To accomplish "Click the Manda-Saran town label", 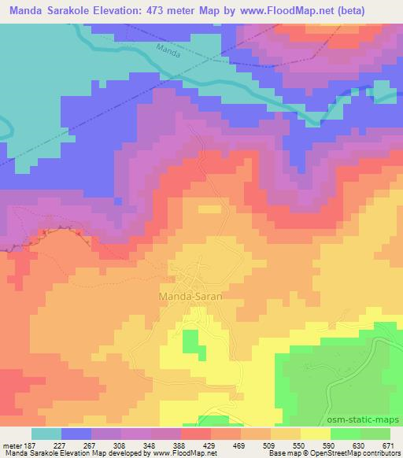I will coord(190,297).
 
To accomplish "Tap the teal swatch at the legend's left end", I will coord(46,434).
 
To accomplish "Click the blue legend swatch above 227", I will coord(76,434).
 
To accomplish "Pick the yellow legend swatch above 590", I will coord(315,434).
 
